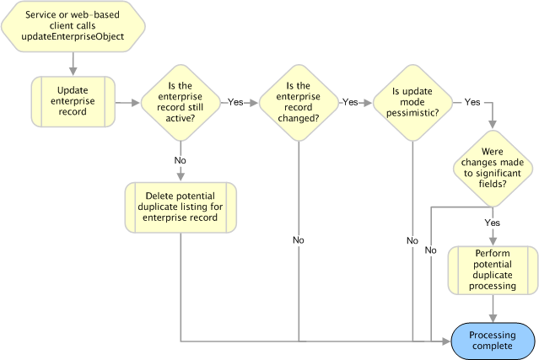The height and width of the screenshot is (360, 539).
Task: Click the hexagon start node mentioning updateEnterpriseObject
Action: (73, 26)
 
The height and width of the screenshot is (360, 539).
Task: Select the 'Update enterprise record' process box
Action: (73, 101)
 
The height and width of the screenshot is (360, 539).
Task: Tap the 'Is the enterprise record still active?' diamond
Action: (181, 102)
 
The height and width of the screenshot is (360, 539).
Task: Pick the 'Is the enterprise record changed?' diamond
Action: (299, 102)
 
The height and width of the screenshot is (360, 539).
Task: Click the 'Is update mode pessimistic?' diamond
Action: (412, 102)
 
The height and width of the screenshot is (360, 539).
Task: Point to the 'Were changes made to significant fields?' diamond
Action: (493, 168)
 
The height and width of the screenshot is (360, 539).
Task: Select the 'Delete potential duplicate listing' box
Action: (181, 207)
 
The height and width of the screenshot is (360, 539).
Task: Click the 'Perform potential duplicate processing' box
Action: (493, 270)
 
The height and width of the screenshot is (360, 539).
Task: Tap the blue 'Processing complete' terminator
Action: (493, 341)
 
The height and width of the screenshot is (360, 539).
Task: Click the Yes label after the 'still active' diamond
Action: (235, 102)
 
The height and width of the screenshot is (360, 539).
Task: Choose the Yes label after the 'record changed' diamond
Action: (350, 102)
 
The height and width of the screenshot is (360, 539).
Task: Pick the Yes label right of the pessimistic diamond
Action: (472, 102)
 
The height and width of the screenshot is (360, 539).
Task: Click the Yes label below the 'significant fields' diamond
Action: (493, 223)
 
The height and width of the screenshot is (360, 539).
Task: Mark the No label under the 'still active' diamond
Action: (181, 160)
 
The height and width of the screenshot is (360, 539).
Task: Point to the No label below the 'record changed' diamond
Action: (299, 240)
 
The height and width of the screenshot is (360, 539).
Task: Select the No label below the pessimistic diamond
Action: (412, 240)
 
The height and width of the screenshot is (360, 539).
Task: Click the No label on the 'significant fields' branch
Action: (431, 250)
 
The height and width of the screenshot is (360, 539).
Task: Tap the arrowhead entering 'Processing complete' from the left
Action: (446, 341)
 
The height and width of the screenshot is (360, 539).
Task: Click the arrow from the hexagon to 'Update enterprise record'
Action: (73, 64)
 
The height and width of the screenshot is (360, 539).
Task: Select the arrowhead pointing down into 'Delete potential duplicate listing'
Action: (181, 177)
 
